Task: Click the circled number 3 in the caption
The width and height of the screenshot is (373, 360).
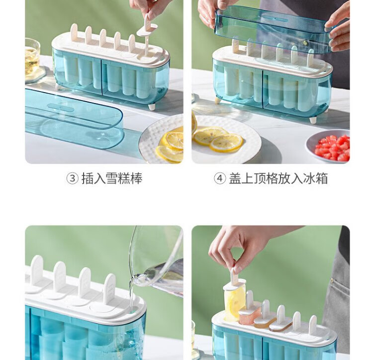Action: (72, 178)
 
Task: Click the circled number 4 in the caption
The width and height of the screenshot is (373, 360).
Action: (219, 178)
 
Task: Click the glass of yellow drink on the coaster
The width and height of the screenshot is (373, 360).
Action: (32, 58)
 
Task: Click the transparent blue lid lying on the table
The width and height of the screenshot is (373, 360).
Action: (74, 119)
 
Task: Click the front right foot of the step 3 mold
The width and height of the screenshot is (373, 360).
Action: (152, 107)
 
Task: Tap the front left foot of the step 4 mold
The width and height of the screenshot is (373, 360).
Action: (218, 100)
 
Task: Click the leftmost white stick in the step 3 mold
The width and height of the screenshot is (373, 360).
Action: (74, 31)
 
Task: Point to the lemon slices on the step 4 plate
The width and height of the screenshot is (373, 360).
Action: (217, 139)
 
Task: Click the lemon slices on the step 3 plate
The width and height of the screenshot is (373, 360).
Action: (171, 146)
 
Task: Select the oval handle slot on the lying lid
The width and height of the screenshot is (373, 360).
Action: (61, 108)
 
